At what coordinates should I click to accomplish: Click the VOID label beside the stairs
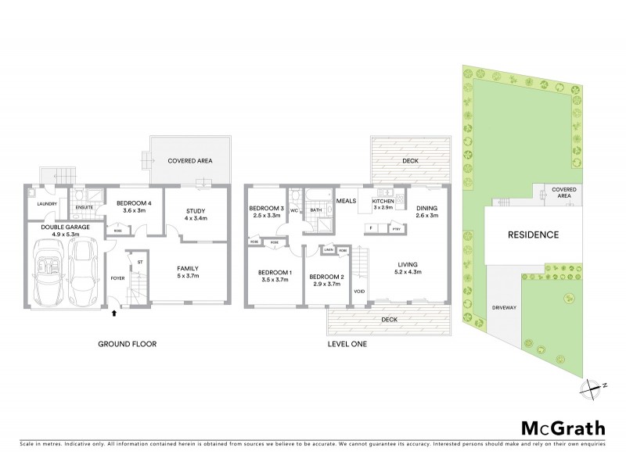coord(360,291)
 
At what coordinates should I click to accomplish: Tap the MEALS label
coord(347,201)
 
